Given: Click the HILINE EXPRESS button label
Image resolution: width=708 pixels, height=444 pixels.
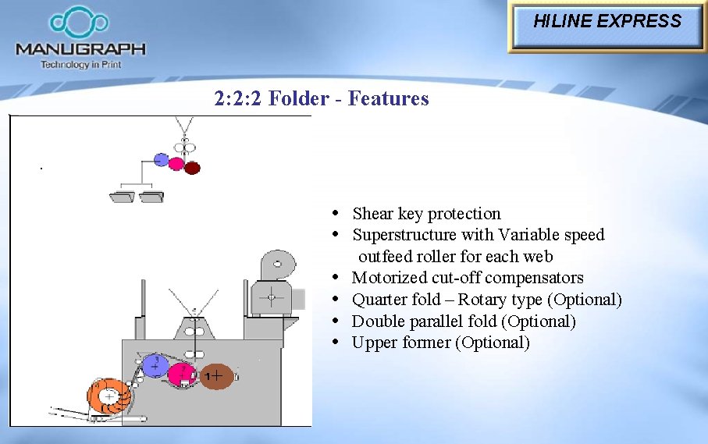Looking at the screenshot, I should point(607,22).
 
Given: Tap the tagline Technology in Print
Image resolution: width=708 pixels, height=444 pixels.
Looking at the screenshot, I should point(80,65).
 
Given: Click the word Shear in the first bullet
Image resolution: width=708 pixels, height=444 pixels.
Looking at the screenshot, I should point(373,214).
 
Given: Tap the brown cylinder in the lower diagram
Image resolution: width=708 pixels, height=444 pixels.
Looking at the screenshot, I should point(216,377).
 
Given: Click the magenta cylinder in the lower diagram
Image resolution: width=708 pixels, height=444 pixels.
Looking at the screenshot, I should point(182,375).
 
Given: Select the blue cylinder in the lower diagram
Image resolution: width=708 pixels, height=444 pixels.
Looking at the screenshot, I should point(155,365).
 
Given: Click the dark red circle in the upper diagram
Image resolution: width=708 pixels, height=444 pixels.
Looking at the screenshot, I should point(192,167).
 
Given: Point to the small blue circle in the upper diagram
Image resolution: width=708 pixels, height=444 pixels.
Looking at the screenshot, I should point(161,160).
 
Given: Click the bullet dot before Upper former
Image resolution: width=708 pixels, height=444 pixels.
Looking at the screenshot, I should point(335,342).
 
